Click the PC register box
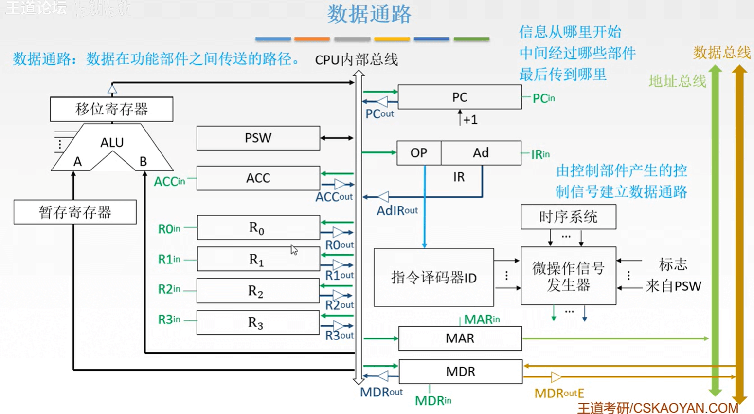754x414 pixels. tap(460, 97)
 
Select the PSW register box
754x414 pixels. tap(258, 138)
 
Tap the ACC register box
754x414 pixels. tap(258, 178)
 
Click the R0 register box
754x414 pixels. tap(258, 227)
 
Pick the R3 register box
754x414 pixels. tap(258, 322)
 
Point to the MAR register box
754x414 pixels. tap(460, 338)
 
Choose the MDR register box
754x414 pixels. tap(460, 372)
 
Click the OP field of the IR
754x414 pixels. tap(419, 153)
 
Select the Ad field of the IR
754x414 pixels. tap(481, 153)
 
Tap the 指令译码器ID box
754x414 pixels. tap(433, 278)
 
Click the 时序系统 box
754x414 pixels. tap(568, 217)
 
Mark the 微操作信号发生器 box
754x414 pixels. tap(568, 276)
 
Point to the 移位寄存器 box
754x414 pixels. tap(111, 109)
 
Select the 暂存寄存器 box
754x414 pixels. tap(75, 212)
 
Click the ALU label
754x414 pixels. tap(112, 143)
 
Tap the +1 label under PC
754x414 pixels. tap(470, 120)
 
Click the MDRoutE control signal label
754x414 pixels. tap(559, 393)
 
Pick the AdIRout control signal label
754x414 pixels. tap(397, 210)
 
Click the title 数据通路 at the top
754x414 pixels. tap(369, 14)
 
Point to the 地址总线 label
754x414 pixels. tap(677, 81)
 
